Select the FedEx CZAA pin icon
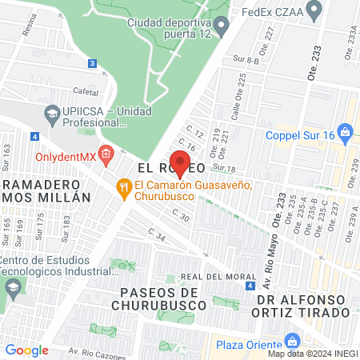pyautogui.click(x=314, y=10)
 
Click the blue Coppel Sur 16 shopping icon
pyautogui.click(x=345, y=130)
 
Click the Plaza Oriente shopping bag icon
pyautogui.click(x=206, y=346)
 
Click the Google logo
pyautogui.click(x=26, y=350)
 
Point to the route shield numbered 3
pyautogui.click(x=93, y=63)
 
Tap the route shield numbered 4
pyautogui.click(x=250, y=286)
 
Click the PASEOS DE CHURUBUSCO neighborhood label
pyautogui.click(x=164, y=298)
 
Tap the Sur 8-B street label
pyautogui.click(x=246, y=59)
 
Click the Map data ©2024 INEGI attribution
pyautogui.click(x=311, y=353)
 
